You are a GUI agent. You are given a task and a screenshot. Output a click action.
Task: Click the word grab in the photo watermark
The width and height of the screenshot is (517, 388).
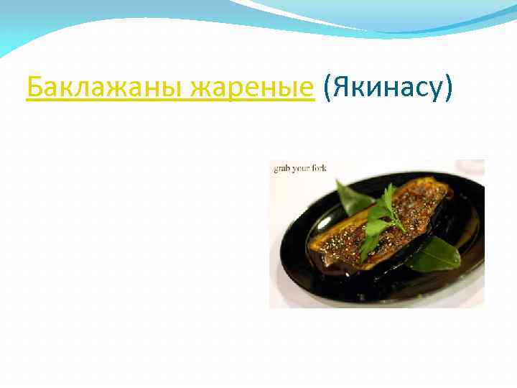281,168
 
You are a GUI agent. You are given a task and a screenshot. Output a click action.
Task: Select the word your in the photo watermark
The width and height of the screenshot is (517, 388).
301,168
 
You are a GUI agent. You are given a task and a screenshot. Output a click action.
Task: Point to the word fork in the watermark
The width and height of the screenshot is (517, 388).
320,168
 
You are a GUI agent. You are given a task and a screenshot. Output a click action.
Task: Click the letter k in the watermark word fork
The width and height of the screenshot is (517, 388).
325,168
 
